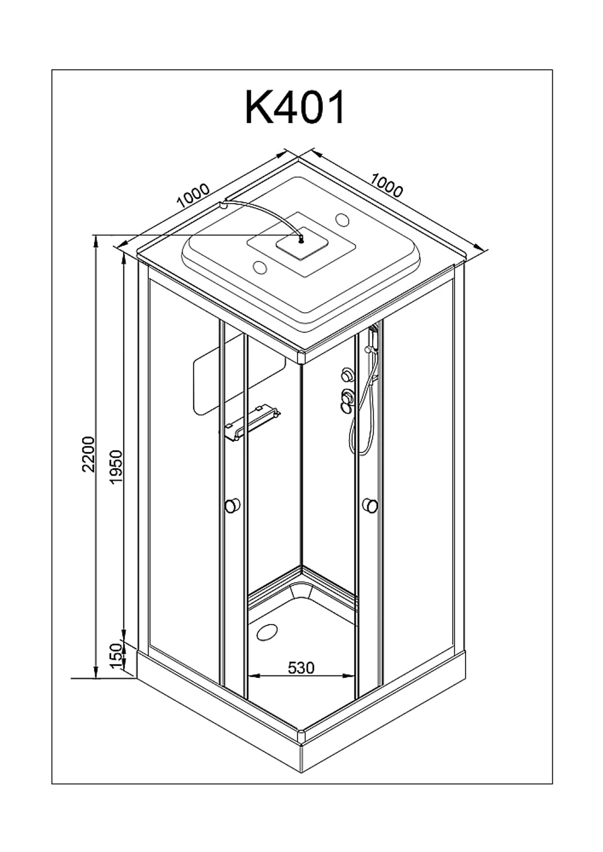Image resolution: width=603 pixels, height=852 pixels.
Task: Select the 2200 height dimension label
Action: pos(88,454)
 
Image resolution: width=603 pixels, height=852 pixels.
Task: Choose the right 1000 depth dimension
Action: pos(387,186)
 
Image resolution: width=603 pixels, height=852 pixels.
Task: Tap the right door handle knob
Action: pos(370,505)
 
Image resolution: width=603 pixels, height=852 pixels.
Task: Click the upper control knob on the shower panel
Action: pos(347,374)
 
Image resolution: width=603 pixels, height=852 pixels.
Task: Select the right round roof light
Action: pos(343,219)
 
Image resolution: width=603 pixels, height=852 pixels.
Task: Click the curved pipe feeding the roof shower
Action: pos(263,213)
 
